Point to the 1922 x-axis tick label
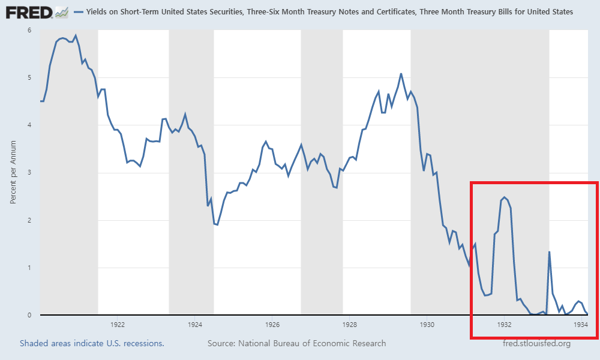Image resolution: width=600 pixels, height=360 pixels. pyautogui.click(x=118, y=325)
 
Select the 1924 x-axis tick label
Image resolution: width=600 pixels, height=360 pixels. pyautogui.click(x=195, y=325)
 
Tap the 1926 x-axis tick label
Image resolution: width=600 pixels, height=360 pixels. pyautogui.click(x=272, y=325)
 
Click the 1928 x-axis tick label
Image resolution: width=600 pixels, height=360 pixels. pyautogui.click(x=350, y=325)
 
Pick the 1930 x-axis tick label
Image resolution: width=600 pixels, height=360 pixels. pyautogui.click(x=427, y=325)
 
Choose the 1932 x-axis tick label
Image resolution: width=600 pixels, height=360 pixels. pyautogui.click(x=504, y=325)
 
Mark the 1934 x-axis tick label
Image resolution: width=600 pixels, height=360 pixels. pyautogui.click(x=581, y=325)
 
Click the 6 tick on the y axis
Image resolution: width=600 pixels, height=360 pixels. pyautogui.click(x=29, y=30)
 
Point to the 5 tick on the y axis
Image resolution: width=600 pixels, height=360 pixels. pyautogui.click(x=29, y=77)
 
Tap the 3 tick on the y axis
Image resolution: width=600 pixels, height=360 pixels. pyautogui.click(x=29, y=173)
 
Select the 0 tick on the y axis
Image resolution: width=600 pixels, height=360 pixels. pyautogui.click(x=29, y=315)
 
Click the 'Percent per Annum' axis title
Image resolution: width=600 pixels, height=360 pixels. pyautogui.click(x=13, y=173)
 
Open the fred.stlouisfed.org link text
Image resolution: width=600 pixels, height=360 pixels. pyautogui.click(x=536, y=343)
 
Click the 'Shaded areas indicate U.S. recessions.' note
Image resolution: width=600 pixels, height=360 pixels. pyautogui.click(x=92, y=343)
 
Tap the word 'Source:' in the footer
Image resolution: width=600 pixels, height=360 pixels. pyautogui.click(x=221, y=343)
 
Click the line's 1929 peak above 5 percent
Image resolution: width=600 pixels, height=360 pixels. pyautogui.click(x=401, y=74)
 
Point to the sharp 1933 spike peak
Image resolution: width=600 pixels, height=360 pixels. pyautogui.click(x=550, y=251)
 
